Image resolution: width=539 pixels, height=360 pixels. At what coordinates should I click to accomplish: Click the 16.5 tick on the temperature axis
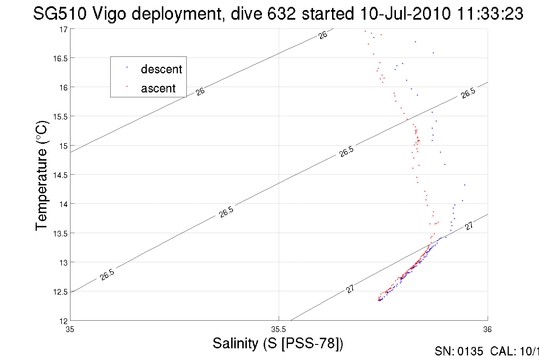(x=60, y=58)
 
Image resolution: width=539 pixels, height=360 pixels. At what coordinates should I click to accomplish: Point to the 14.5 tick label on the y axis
(x=60, y=175)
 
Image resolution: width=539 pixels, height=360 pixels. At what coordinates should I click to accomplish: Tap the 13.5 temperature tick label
(x=60, y=234)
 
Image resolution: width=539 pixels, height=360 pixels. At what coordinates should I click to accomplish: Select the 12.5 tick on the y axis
(x=60, y=292)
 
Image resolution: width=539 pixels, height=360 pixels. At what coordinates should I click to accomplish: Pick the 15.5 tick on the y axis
(x=60, y=117)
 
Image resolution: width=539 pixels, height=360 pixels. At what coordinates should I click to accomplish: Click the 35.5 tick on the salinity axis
(x=278, y=329)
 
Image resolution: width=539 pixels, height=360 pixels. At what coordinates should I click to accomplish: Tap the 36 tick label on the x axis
(x=487, y=329)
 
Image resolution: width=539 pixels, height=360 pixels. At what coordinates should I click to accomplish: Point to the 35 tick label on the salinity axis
(x=70, y=329)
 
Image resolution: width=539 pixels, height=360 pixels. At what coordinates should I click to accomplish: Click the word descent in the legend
(x=161, y=69)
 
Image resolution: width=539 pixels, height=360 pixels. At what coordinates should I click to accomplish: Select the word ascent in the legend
(x=158, y=88)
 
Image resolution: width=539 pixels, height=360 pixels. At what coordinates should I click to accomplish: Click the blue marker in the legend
(x=127, y=67)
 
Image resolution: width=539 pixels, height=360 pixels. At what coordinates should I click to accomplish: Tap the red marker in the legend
(x=127, y=86)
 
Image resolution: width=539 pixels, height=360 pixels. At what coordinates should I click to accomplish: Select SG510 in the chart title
(x=60, y=13)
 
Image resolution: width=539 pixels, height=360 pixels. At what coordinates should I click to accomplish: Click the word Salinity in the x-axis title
(x=235, y=343)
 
